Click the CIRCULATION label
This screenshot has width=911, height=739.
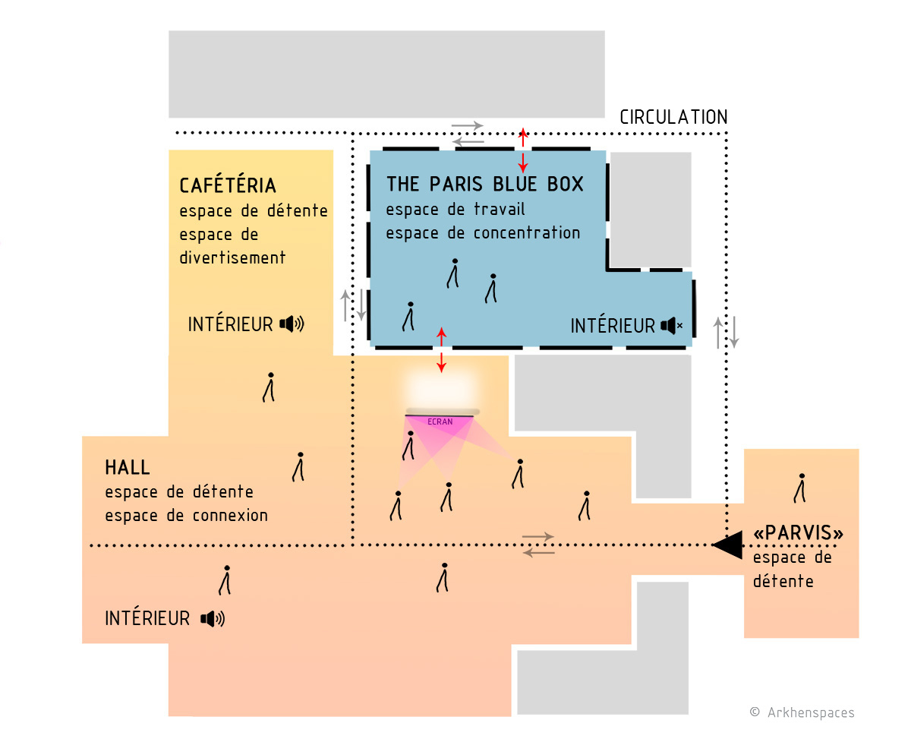[x=673, y=117]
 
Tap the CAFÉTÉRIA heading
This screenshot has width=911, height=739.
[x=228, y=185]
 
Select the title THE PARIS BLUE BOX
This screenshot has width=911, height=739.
[x=484, y=184]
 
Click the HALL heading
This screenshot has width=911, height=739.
[x=128, y=467]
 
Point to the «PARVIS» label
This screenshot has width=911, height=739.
[x=798, y=532]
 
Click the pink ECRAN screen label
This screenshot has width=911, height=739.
[x=440, y=422]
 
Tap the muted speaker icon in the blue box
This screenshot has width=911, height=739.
[x=672, y=326]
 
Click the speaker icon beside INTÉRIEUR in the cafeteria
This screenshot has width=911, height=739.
[x=292, y=324]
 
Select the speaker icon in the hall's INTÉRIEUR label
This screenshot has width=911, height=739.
[x=213, y=619]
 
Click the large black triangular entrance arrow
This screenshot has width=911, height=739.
[x=727, y=545]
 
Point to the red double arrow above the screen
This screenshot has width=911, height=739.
[x=441, y=349]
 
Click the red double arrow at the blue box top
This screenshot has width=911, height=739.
[x=522, y=150]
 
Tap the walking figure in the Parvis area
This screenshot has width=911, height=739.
[x=800, y=488]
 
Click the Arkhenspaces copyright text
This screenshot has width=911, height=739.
[x=802, y=712]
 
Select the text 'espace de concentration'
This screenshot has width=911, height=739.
[x=483, y=233]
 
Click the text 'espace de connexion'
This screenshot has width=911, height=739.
[x=187, y=516]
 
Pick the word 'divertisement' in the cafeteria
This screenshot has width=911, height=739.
[x=232, y=258]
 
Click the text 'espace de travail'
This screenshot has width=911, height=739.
[x=455, y=210]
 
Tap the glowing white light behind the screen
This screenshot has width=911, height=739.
[x=441, y=387]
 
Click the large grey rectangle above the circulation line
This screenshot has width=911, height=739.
[x=386, y=74]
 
